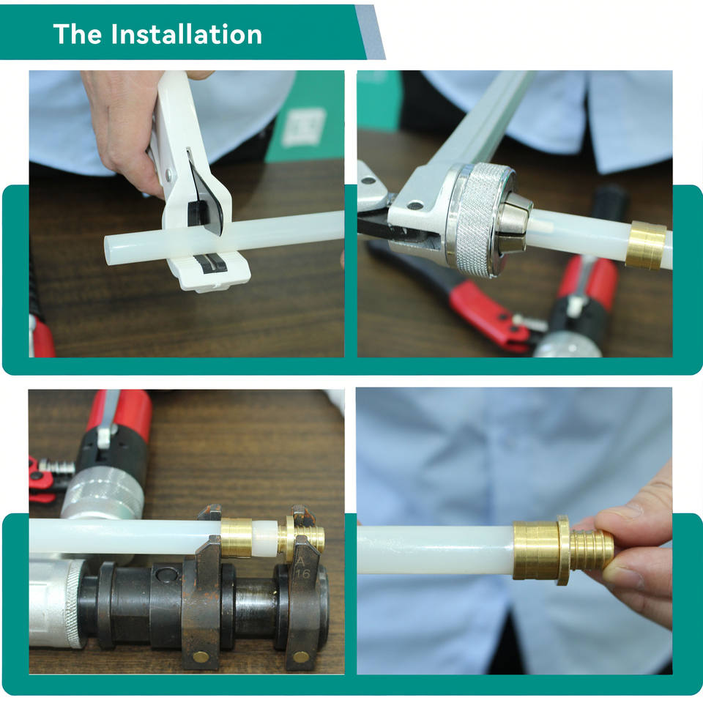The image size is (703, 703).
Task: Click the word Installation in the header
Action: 187,34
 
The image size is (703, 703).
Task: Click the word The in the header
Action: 78,34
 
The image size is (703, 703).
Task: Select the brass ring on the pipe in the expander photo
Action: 645,245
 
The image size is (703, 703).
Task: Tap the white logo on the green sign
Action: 305,127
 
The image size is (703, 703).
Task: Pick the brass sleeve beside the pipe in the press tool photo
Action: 237,538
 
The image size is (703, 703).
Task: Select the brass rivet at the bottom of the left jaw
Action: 201,658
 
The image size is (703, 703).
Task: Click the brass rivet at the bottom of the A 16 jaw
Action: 300,658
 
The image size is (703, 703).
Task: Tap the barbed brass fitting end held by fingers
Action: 592,550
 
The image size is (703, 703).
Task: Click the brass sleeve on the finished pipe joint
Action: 535,550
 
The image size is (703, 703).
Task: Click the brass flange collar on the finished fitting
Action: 564,550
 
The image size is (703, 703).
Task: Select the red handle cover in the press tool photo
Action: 121,412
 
